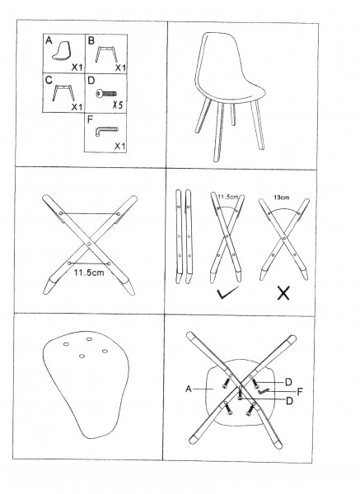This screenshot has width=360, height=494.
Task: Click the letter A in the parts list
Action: tap(49, 40)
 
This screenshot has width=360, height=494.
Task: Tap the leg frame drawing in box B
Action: tap(106, 54)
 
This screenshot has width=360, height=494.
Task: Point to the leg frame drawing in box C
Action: tap(63, 92)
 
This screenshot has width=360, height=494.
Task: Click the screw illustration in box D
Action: tap(106, 94)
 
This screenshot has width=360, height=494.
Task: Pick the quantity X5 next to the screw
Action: tap(118, 105)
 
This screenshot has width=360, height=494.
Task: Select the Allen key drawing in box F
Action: tap(106, 131)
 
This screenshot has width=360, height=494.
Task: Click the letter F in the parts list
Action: tap(90, 120)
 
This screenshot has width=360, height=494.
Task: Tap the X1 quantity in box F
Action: tap(120, 146)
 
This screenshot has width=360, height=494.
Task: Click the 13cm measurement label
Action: tap(281, 198)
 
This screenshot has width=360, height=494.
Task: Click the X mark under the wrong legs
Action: tap(283, 293)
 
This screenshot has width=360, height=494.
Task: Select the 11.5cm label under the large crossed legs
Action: tap(89, 273)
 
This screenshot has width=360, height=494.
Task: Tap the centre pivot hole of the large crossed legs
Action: tap(89, 244)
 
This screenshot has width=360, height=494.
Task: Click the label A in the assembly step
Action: tap(189, 389)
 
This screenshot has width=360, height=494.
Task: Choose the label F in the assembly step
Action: tap(300, 392)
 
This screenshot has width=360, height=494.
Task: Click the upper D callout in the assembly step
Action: tap(288, 383)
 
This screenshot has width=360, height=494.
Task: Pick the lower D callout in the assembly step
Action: tap(289, 401)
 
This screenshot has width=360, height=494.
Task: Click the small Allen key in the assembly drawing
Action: tap(263, 391)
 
